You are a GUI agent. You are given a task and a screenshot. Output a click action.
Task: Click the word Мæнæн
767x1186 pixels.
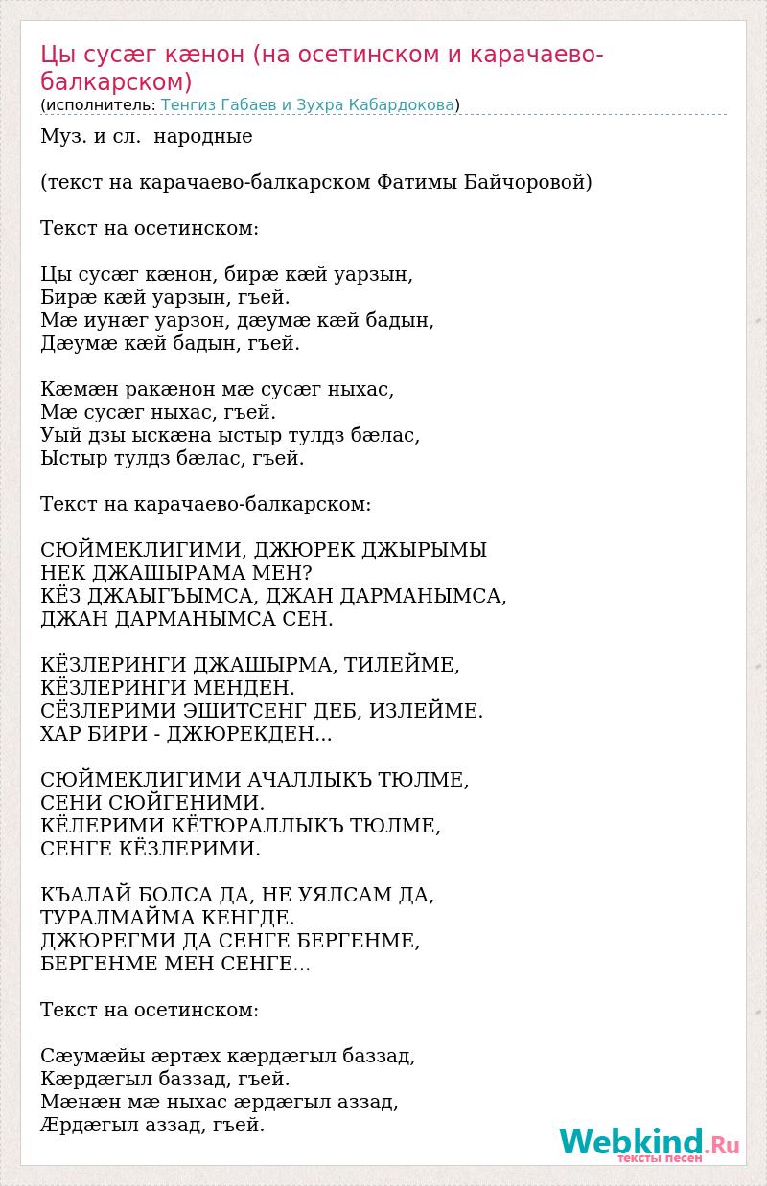(x=74, y=1102)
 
